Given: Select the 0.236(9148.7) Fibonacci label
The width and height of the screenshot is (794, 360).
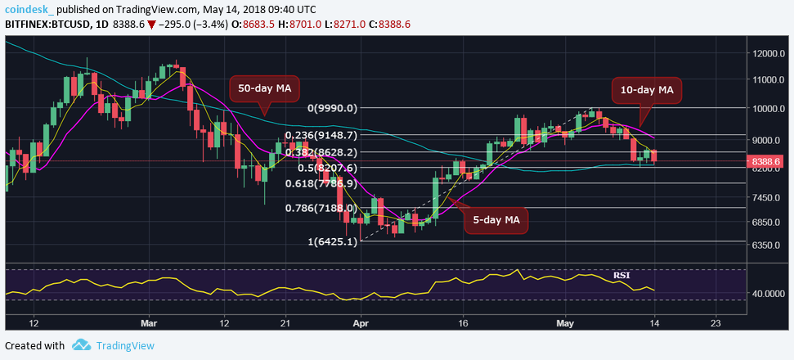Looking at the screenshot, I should [x=320, y=136].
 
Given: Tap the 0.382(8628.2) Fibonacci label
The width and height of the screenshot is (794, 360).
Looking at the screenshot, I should [x=320, y=152].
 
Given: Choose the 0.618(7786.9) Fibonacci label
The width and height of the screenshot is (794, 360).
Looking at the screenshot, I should [x=321, y=183].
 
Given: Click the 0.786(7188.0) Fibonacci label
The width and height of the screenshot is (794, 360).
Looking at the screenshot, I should [x=321, y=209].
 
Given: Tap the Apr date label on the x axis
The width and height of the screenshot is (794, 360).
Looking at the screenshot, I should [x=361, y=323].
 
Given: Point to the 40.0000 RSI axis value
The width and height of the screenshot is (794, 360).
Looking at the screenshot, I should [x=770, y=293].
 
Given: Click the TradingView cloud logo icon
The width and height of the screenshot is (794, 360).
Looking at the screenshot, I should [x=80, y=345].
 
